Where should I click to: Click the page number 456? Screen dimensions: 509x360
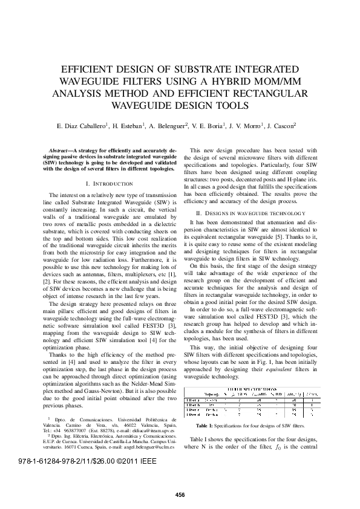pos(180,494)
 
